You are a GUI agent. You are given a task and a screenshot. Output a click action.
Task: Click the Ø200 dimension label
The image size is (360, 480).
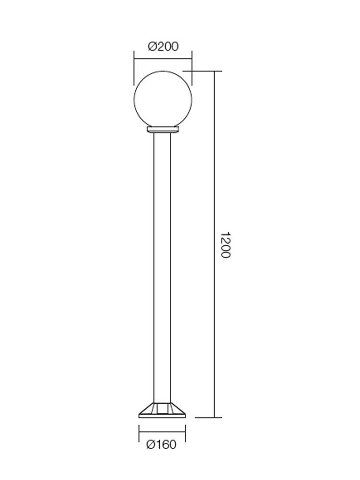point(163,47)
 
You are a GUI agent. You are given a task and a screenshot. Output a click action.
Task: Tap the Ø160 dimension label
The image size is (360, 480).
point(161,445)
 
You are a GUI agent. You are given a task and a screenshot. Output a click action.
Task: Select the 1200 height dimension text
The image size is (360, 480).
point(225,245)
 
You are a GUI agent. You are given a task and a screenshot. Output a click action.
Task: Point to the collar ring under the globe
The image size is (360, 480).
point(162,130)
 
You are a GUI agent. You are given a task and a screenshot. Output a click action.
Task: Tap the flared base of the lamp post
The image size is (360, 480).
point(162,409)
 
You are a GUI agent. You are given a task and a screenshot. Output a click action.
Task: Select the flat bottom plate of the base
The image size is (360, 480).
point(162,416)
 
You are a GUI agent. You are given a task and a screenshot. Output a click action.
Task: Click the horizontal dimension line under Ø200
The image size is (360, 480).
point(163,60)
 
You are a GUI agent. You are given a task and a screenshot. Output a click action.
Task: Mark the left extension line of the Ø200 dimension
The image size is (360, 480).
point(134,67)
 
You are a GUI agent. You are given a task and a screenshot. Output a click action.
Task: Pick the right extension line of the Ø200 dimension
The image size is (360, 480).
point(192,67)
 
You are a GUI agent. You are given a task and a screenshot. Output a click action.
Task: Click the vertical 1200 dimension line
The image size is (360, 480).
point(214,192)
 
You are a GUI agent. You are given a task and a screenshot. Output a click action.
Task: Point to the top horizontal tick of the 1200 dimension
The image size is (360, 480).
point(206,71)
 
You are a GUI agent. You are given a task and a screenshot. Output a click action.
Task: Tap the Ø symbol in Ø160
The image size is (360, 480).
point(150,445)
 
